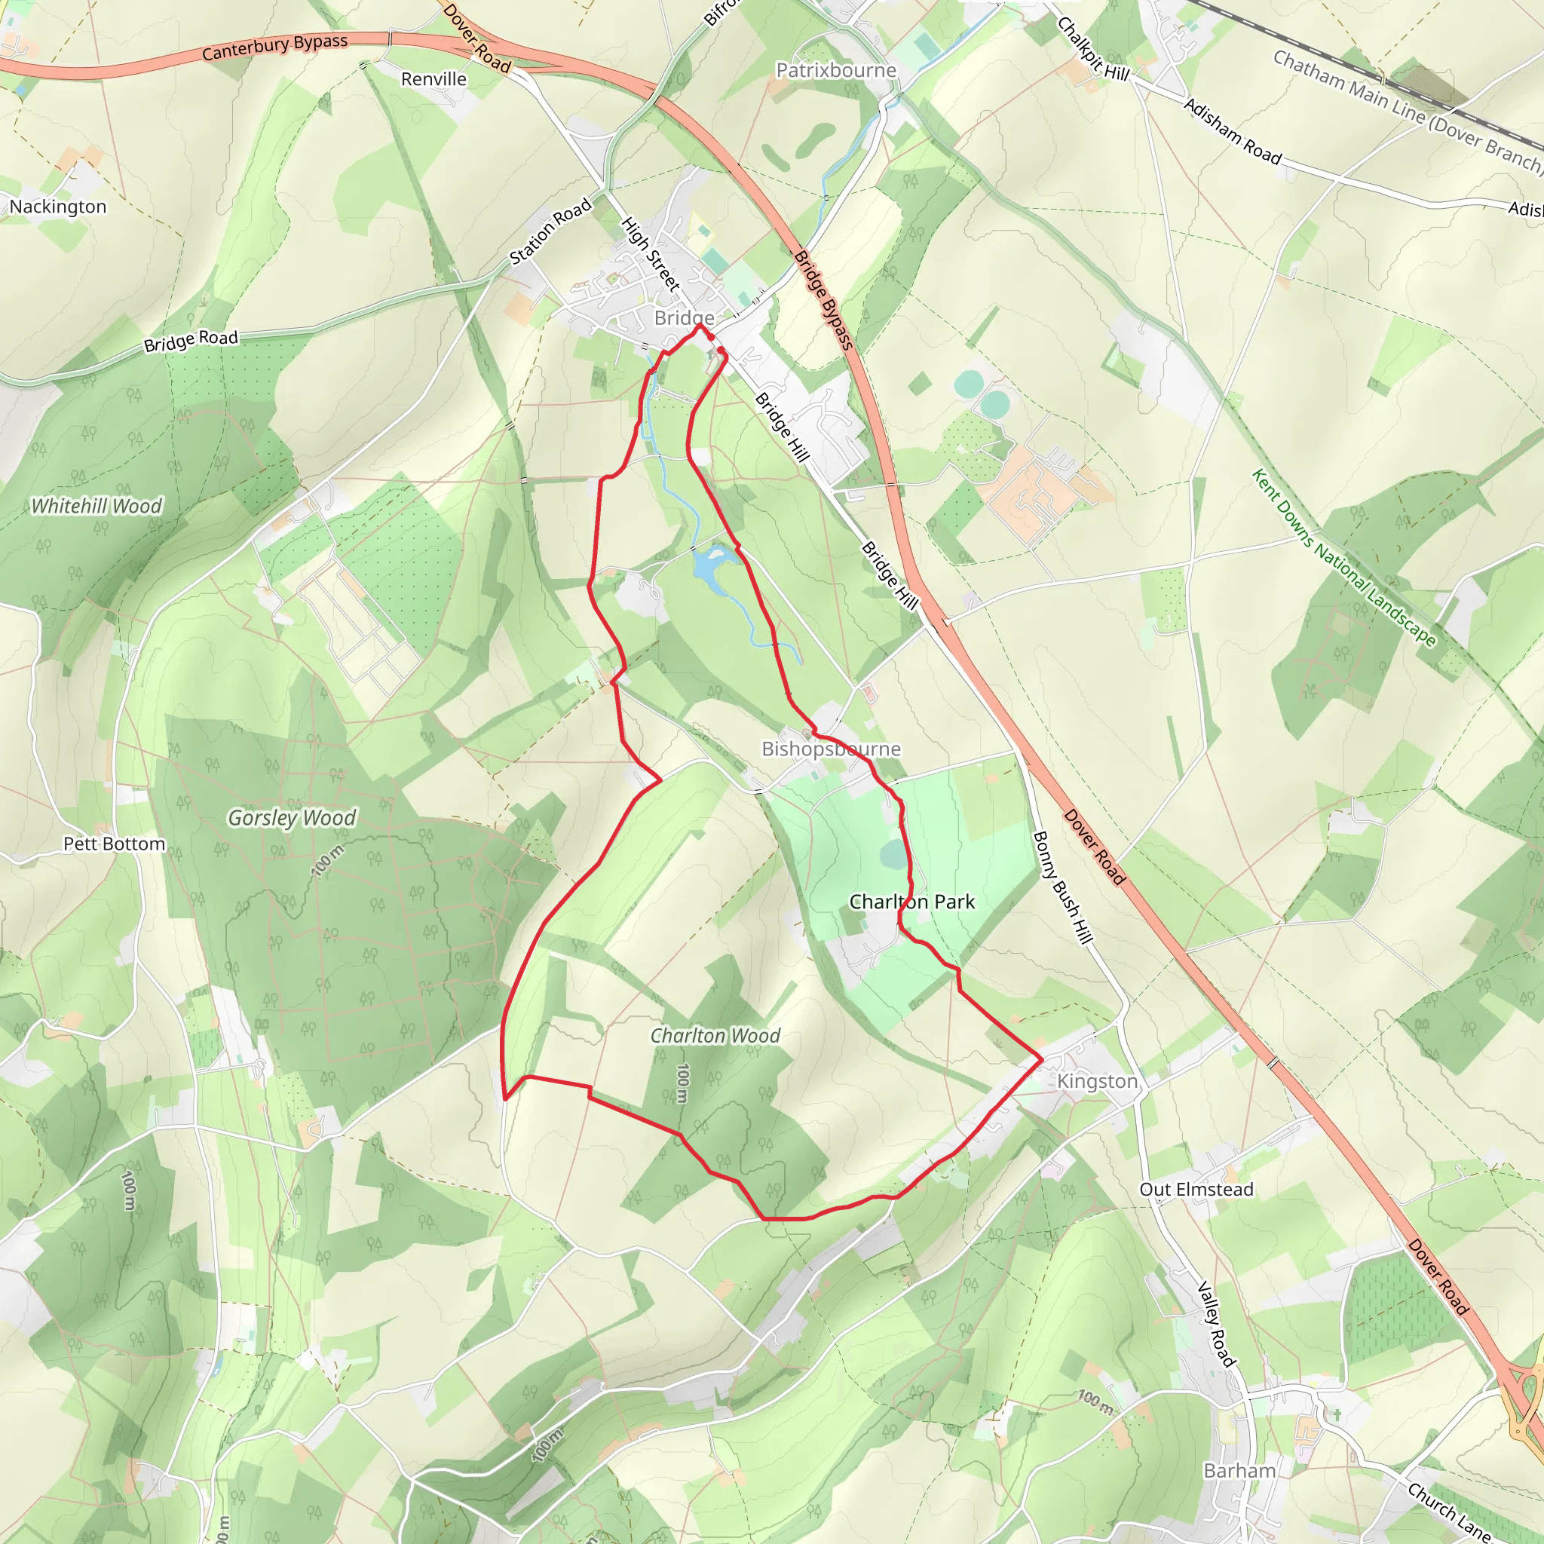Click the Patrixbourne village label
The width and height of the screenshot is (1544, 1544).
836,70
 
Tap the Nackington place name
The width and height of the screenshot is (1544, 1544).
57,207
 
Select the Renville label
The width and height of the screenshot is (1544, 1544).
433,79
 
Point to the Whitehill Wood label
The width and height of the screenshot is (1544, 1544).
96,506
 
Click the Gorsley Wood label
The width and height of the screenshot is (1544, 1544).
292,817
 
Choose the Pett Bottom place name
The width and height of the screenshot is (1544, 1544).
115,844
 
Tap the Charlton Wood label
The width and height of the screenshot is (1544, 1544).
715,1036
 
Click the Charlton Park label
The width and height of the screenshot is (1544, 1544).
912,902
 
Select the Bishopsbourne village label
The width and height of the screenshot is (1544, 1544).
830,749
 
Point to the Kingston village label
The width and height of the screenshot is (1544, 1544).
1096,1081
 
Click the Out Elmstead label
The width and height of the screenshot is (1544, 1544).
1196,1189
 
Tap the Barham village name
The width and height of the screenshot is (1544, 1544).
1239,1470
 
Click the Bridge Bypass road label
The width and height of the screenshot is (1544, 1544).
824,300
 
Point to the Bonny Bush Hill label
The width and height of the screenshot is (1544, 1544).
1062,887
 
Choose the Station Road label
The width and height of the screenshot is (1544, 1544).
550,231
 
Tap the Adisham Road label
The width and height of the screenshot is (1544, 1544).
1232,131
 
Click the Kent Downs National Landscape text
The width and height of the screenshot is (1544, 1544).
1343,557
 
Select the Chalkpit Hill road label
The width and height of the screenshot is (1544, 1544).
1092,49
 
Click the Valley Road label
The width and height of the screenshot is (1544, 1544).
1216,1323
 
